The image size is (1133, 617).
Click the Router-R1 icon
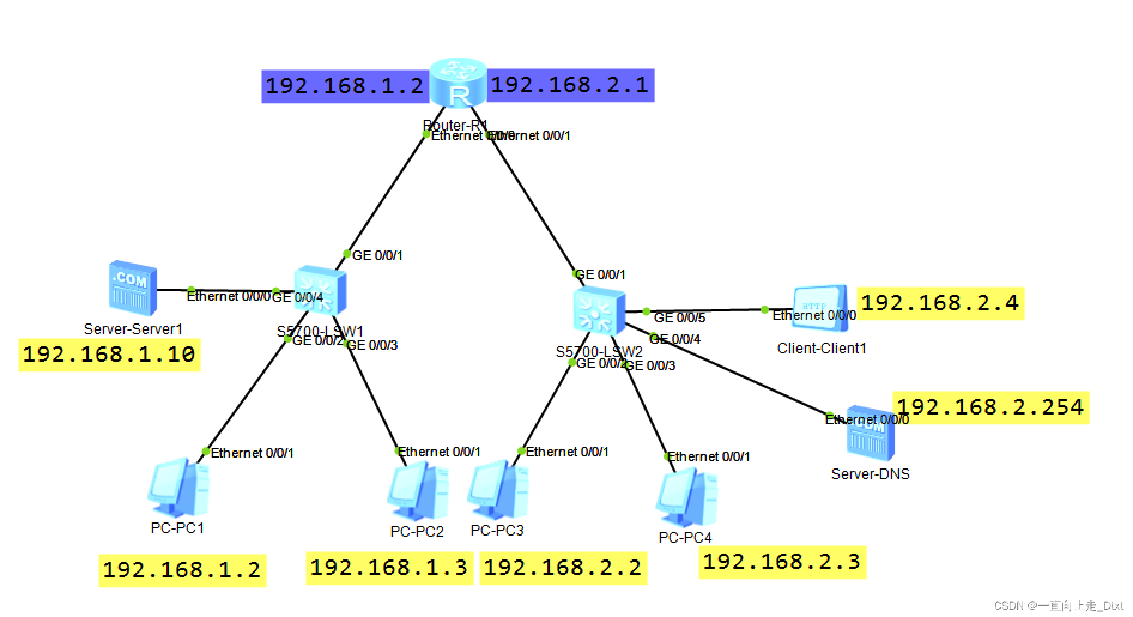pyautogui.click(x=458, y=83)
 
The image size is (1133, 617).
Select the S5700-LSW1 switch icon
pyautogui.click(x=320, y=291)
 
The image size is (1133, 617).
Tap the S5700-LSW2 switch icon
pyautogui.click(x=599, y=310)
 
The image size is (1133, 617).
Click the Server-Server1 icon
pyautogui.click(x=133, y=288)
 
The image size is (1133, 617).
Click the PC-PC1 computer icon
pyautogui.click(x=178, y=489)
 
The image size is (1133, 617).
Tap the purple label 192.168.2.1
pyautogui.click(x=570, y=85)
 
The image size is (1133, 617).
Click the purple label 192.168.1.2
pyautogui.click(x=345, y=87)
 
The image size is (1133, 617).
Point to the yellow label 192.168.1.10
pyautogui.click(x=109, y=355)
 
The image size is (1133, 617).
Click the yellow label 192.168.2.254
pyautogui.click(x=990, y=407)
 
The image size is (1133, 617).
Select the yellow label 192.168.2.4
pyautogui.click(x=940, y=303)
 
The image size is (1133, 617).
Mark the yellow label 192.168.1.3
pyautogui.click(x=389, y=567)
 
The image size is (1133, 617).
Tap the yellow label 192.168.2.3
pyautogui.click(x=781, y=562)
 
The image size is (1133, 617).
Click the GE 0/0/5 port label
pyautogui.click(x=680, y=317)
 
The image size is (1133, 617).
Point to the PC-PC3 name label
pyautogui.click(x=497, y=530)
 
